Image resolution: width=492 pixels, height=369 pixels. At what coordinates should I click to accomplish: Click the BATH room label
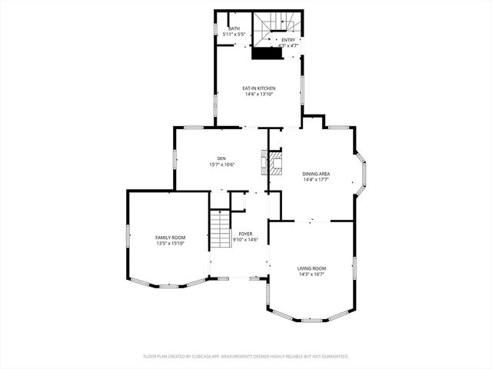coord(233,29)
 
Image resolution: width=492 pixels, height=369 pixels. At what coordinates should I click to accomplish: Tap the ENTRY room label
coord(288,40)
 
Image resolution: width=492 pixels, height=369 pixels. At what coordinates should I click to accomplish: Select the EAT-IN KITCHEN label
coord(260,88)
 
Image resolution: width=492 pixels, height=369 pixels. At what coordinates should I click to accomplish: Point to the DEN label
coord(221,158)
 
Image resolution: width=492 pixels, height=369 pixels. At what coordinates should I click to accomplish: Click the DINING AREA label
coord(316,174)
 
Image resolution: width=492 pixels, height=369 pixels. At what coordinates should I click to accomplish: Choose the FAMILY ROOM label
coord(171,238)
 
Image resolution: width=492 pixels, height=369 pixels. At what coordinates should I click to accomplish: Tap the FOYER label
coord(245,234)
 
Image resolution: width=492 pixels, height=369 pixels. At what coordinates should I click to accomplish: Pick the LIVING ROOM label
coord(311,268)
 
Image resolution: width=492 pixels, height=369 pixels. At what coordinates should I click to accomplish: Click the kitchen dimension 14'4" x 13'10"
coord(260,95)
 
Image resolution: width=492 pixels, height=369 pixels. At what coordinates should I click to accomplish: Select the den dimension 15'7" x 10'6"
coord(221,165)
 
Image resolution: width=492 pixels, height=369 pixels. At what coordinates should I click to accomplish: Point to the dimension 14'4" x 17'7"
coord(316,180)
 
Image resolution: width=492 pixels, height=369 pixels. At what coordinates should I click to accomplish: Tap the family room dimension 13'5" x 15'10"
coord(171,244)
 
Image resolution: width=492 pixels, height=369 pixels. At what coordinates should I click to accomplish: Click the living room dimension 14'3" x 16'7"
coord(311,274)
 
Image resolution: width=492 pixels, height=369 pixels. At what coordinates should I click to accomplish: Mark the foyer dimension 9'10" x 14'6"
coord(245,240)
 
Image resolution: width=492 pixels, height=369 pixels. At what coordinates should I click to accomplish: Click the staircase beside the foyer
coord(221,229)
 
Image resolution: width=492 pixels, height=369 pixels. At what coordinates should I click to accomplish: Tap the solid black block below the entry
coord(267,55)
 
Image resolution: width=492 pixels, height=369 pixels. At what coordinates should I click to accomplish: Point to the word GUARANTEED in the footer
coord(332,357)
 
